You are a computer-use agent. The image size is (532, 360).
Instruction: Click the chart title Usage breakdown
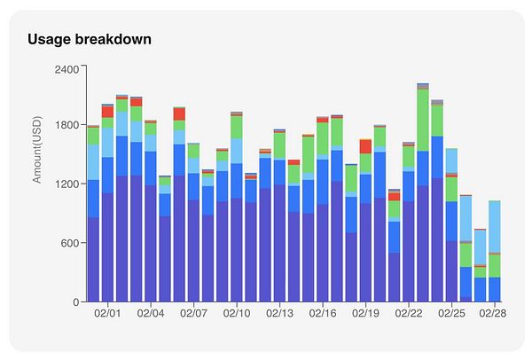[89, 39]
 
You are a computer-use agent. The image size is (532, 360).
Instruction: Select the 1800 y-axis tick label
[66, 125]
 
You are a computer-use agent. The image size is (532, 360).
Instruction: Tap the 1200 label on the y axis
[66, 184]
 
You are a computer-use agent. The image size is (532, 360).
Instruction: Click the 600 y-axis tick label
[71, 243]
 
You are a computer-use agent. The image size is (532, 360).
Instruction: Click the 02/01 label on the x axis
[107, 314]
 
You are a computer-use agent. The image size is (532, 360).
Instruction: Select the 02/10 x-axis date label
[237, 314]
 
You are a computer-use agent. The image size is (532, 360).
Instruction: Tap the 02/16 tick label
[323, 314]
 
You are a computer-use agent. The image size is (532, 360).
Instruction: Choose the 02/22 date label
[409, 314]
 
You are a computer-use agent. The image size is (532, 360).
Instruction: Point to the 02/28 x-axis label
[495, 314]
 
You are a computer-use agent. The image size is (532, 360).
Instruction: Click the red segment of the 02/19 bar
[365, 146]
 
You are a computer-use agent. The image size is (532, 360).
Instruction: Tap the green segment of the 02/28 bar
[495, 265]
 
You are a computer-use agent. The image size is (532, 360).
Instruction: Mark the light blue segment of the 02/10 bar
[237, 151]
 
